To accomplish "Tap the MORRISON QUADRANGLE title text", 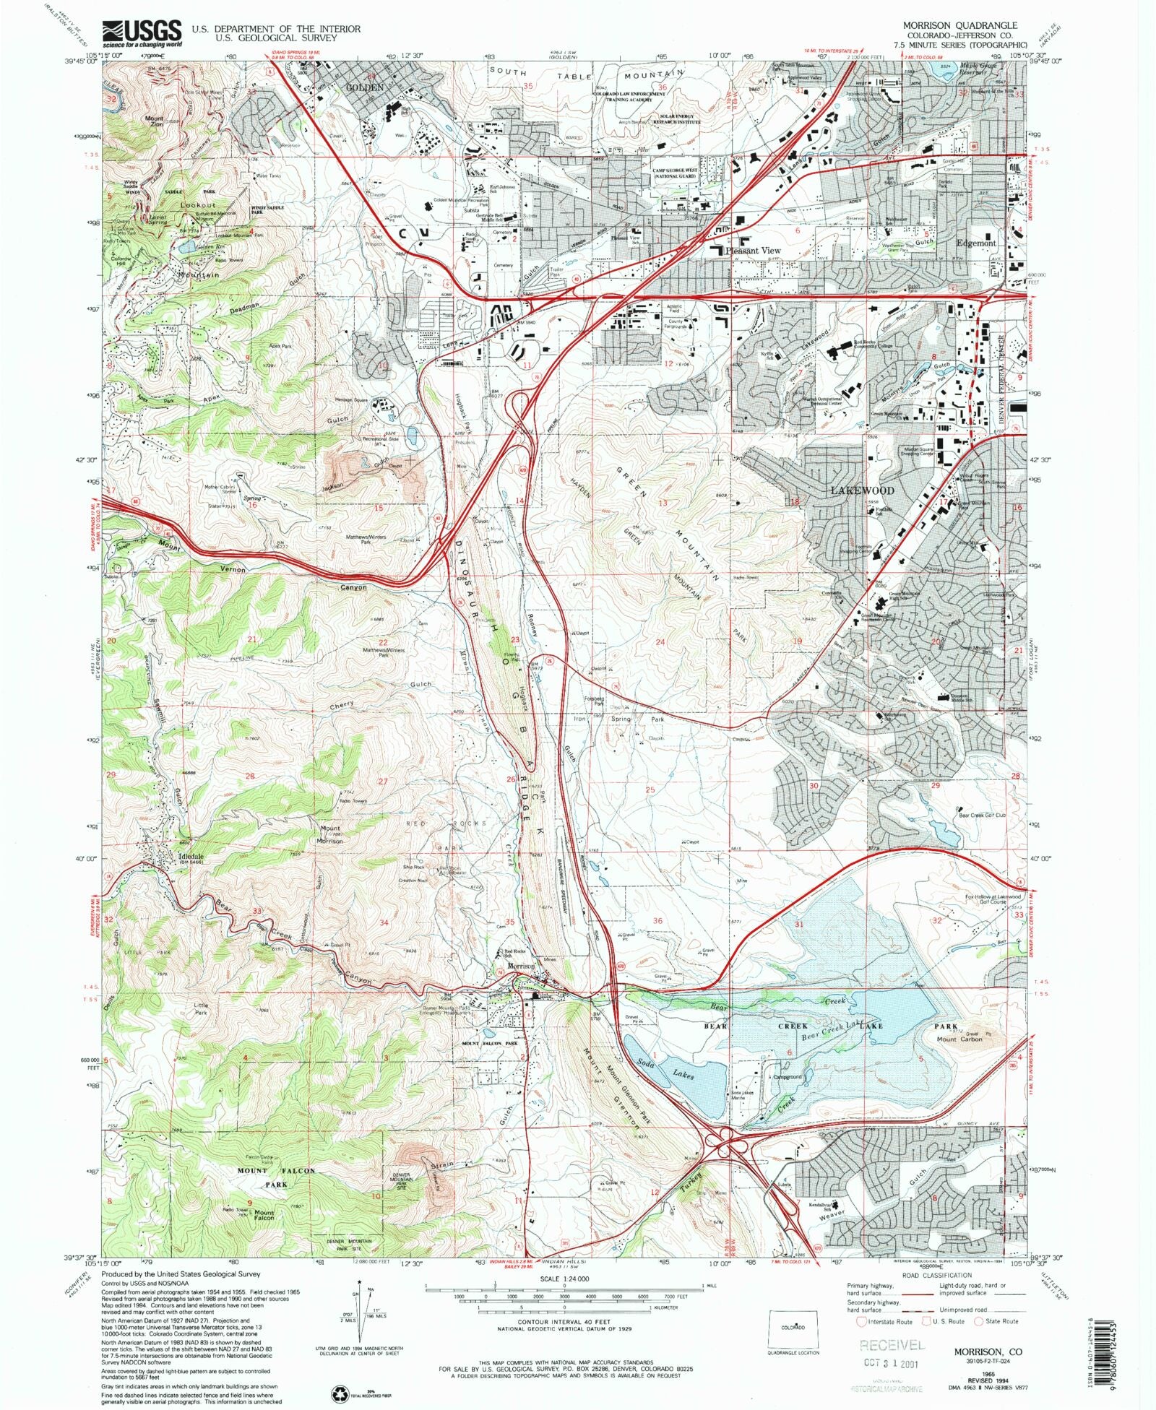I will point(959,25).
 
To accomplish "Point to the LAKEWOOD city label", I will point(861,490).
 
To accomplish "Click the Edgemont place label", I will point(975,243).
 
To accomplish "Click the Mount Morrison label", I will point(330,833).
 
